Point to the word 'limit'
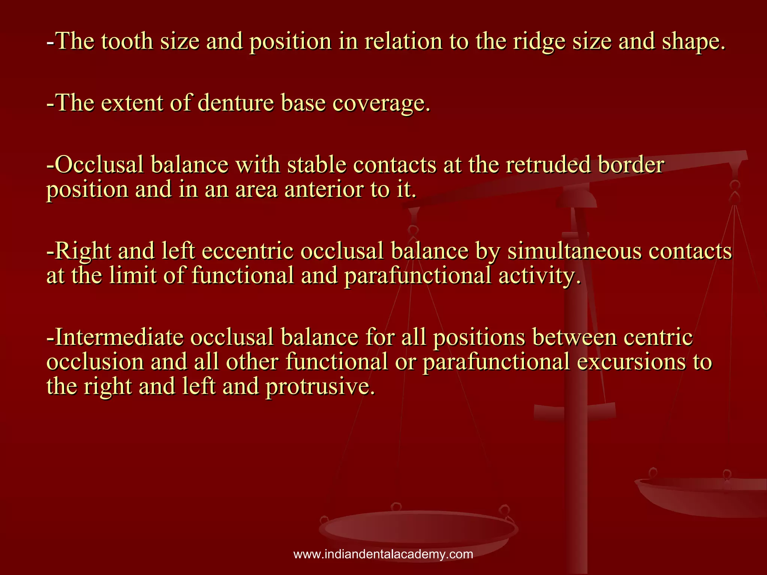(133, 276)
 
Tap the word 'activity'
(540, 276)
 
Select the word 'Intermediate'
(119, 337)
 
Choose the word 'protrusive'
(320, 387)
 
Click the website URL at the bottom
(383, 554)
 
